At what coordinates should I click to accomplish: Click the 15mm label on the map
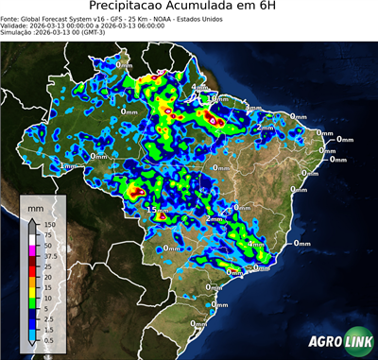click(156, 210)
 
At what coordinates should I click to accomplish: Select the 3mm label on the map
click(253, 109)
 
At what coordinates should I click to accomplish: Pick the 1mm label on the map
click(66, 165)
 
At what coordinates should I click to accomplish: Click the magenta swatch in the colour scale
click(31, 250)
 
